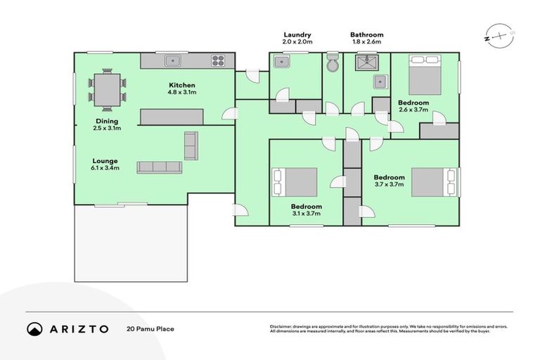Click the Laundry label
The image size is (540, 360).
coord(297,34)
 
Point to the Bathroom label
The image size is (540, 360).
coord(367,34)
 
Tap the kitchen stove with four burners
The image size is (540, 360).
coord(219,60)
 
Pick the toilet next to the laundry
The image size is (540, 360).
coord(333,64)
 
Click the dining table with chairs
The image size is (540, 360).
coord(108,89)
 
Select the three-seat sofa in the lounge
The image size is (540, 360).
coord(159,167)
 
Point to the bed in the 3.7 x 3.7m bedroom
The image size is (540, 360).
coord(432,182)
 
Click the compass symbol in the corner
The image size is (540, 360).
coord(497,35)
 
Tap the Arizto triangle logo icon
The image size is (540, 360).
coord(35,328)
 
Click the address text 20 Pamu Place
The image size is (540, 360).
coord(150,329)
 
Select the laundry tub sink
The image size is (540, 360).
coord(281,63)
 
